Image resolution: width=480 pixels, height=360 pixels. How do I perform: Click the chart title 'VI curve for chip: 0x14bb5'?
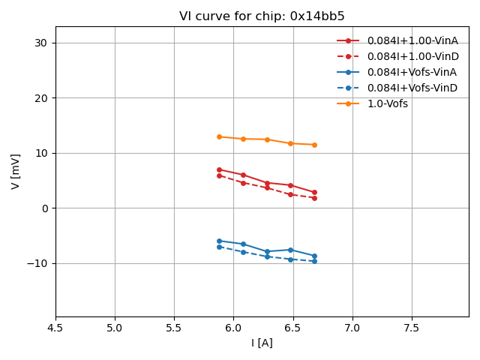coord(262,16)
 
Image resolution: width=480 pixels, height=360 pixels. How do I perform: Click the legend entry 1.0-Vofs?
coord(388,103)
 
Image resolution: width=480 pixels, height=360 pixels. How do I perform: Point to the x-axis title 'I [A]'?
coord(262,343)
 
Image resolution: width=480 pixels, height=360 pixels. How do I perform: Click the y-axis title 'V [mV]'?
coord(16,172)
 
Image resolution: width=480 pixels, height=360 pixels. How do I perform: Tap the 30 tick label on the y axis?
coord(40,43)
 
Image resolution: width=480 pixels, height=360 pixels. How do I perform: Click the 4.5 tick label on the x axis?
coord(55,328)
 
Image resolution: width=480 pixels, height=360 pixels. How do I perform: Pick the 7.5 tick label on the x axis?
coord(412,328)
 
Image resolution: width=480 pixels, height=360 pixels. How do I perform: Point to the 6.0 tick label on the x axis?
coord(233,328)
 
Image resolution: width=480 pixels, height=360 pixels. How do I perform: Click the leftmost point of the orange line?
coord(219,136)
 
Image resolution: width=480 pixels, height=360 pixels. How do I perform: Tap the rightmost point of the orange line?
coord(314,145)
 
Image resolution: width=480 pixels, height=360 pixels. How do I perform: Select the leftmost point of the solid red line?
coord(219,169)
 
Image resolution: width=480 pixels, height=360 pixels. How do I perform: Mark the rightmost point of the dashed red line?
coord(314,198)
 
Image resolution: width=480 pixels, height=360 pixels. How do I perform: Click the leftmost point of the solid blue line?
coord(219,241)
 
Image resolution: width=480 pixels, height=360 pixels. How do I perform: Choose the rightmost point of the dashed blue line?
coord(314,261)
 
